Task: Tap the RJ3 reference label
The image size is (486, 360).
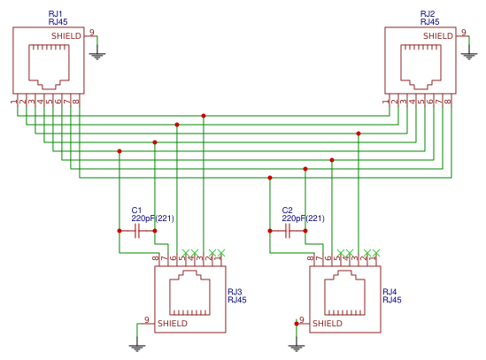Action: [x=235, y=291]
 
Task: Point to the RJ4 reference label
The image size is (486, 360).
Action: [x=390, y=291]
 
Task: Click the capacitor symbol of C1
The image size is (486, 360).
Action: [x=137, y=231]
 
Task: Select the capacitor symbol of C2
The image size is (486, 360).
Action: [x=287, y=231]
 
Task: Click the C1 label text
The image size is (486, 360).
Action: [x=136, y=210]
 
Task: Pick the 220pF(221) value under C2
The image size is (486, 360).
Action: [x=303, y=218]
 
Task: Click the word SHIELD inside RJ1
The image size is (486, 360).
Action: [x=66, y=36]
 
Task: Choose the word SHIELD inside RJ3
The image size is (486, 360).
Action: [x=173, y=325]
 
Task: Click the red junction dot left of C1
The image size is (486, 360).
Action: [x=120, y=231]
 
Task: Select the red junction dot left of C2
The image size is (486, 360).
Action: [x=269, y=231]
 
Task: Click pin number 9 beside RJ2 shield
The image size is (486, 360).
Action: [x=463, y=32]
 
